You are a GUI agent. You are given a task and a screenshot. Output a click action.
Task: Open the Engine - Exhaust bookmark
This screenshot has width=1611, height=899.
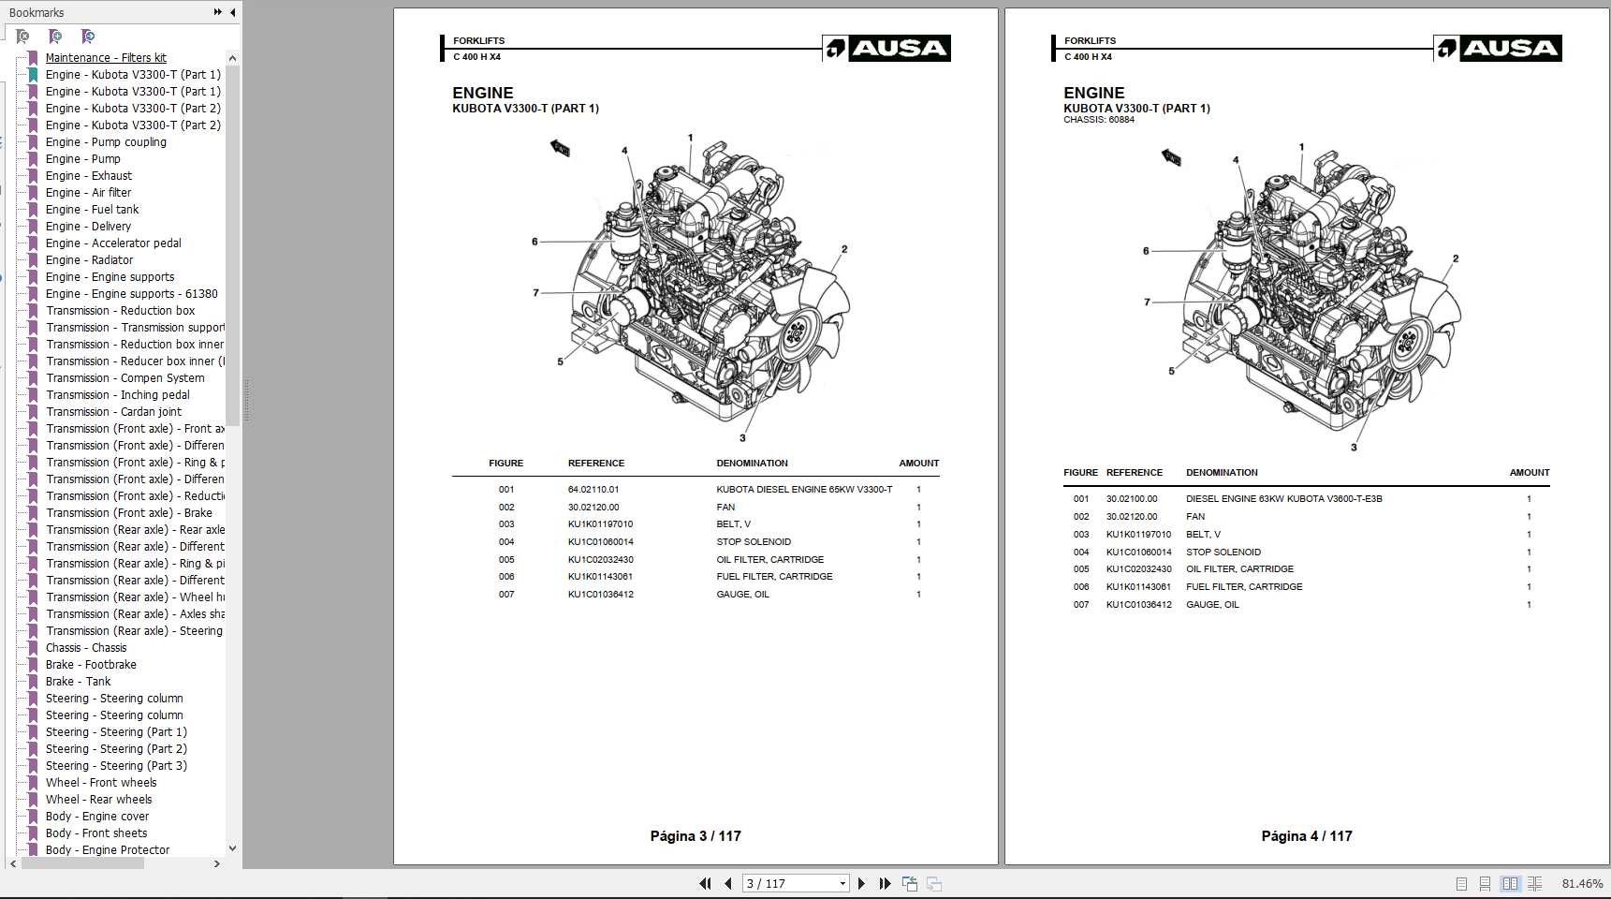click(89, 176)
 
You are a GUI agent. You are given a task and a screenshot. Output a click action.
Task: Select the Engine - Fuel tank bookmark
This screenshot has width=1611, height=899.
click(92, 210)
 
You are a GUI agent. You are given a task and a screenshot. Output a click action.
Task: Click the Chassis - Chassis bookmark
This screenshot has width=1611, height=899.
click(86, 648)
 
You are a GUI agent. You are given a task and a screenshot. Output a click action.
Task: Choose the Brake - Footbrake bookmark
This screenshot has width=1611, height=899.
click(91, 665)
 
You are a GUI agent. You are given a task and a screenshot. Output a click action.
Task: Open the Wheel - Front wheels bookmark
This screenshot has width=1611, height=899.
click(101, 783)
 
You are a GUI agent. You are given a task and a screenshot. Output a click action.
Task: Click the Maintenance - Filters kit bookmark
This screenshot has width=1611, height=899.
click(106, 58)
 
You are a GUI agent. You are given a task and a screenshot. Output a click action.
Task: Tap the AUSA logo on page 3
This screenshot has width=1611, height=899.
click(886, 49)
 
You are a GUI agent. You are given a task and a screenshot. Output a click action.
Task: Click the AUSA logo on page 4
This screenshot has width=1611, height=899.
click(1498, 49)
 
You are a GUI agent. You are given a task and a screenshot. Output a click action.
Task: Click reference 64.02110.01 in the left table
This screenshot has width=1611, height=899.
click(593, 490)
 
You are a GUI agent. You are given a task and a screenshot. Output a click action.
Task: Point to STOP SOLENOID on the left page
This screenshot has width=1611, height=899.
click(754, 542)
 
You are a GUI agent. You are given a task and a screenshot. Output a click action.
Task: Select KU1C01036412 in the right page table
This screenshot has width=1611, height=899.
click(1138, 605)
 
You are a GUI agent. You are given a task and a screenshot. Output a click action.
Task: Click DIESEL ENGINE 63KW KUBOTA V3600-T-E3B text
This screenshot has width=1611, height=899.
click(1283, 499)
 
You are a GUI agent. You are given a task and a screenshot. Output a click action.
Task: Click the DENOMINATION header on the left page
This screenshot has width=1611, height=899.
click(752, 464)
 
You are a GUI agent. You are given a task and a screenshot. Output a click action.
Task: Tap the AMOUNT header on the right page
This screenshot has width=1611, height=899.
click(1529, 473)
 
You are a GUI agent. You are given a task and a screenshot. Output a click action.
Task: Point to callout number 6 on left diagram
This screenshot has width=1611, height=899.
click(535, 242)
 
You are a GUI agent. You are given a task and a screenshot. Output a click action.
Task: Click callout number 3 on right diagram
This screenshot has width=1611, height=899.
click(1354, 448)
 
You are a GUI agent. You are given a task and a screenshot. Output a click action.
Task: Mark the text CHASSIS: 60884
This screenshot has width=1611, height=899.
click(1098, 120)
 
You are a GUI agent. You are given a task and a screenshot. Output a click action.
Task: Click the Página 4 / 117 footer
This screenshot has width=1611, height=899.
click(1306, 836)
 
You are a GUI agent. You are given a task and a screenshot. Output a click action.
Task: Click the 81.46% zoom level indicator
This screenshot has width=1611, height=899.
click(1582, 884)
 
